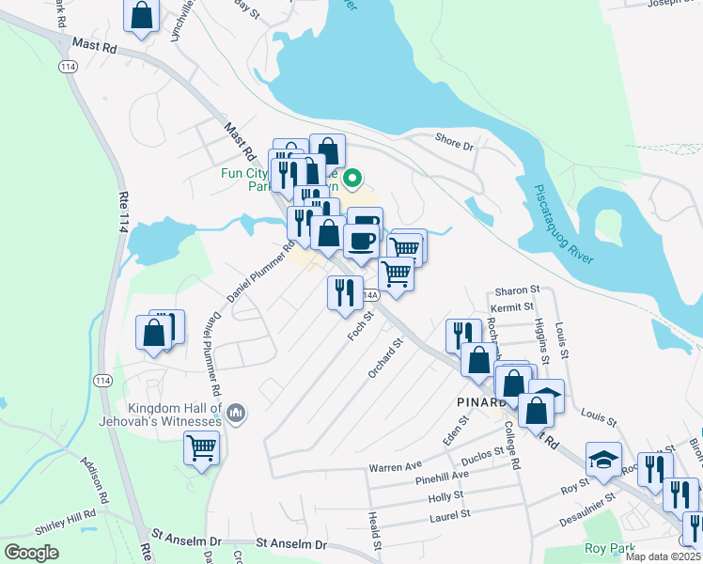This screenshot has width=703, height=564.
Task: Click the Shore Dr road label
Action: click(455, 143)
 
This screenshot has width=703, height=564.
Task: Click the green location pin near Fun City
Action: click(353, 177)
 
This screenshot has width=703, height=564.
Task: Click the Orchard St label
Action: click(386, 358)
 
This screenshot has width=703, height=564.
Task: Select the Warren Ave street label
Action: click(396, 466)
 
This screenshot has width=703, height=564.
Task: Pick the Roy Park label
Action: click(608, 548)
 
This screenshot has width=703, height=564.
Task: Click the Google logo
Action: click(31, 552)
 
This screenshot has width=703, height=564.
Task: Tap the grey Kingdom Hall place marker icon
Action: click(236, 412)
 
